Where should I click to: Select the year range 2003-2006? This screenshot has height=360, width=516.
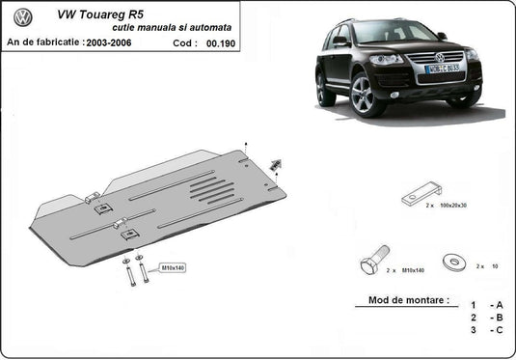tap(109, 43)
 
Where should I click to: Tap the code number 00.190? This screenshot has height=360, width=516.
tap(221, 43)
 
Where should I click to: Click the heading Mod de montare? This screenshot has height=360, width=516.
tap(408, 300)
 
